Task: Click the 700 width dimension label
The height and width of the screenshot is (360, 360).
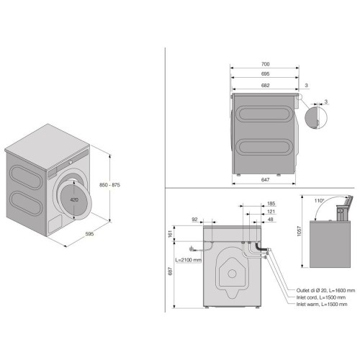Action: click(x=265, y=64)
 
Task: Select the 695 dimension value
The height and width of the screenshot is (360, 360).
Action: click(x=265, y=74)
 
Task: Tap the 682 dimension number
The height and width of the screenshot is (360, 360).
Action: click(x=265, y=85)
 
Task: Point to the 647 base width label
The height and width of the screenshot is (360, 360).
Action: click(x=265, y=179)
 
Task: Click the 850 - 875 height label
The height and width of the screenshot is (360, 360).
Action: click(x=109, y=185)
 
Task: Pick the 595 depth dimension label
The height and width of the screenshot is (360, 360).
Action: click(x=89, y=234)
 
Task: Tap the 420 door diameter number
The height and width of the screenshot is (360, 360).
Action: click(x=74, y=199)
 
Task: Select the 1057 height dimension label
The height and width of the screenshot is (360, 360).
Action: click(x=299, y=231)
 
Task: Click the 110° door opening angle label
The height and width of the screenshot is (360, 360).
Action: click(x=319, y=201)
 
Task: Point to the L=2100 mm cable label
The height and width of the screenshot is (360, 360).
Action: click(x=189, y=260)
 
